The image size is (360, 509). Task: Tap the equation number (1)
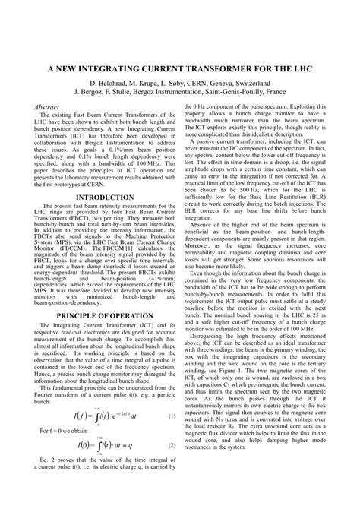pos(171,438)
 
